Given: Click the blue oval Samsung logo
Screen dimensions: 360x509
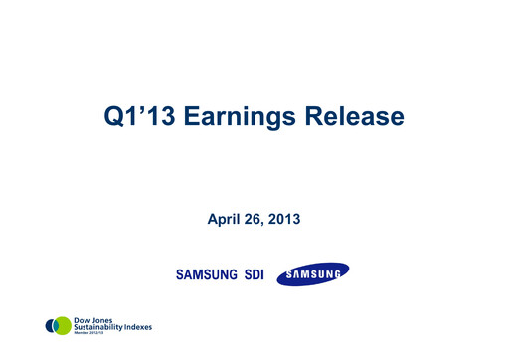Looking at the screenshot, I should coord(312,272).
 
